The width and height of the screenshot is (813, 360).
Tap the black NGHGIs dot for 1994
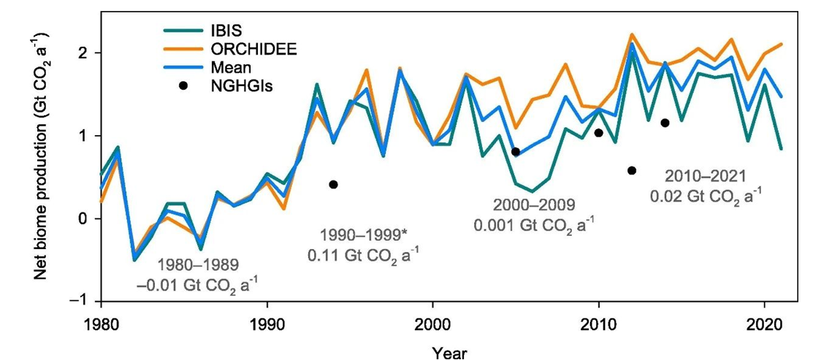[x=333, y=185]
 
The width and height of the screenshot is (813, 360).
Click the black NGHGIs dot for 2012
[x=632, y=171]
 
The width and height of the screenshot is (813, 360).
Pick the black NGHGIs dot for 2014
[x=665, y=123]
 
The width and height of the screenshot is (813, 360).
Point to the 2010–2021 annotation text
[x=706, y=185]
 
